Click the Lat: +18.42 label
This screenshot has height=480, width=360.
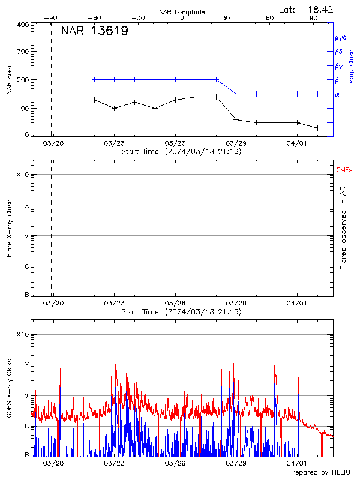click(x=307, y=9)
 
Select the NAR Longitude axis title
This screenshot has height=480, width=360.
click(x=182, y=12)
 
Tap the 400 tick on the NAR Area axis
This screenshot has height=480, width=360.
click(x=23, y=25)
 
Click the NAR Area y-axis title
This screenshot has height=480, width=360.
click(x=9, y=80)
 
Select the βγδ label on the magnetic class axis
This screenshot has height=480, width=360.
click(x=341, y=37)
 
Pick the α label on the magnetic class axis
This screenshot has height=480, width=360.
click(x=337, y=94)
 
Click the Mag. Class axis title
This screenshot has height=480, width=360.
click(x=352, y=67)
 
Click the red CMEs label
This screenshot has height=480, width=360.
click(x=344, y=171)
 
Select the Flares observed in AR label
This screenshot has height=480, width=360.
click(x=343, y=227)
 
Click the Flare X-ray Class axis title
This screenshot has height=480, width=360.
click(x=9, y=227)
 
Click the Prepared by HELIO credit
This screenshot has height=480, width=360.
click(x=318, y=473)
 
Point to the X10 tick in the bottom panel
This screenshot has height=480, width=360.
click(x=22, y=334)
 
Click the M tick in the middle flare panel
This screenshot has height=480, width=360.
click(x=26, y=236)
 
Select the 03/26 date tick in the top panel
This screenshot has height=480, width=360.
click(x=175, y=144)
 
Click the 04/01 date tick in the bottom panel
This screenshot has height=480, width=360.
click(x=298, y=463)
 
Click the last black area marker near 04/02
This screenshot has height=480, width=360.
click(x=318, y=128)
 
